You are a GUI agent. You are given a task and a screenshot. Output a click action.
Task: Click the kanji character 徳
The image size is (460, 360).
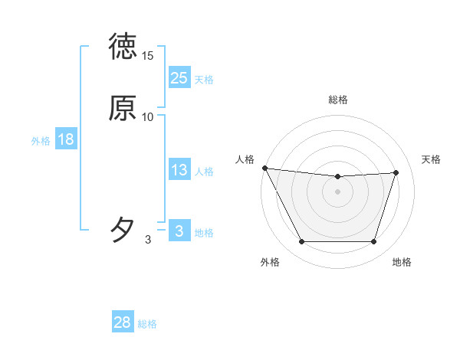point(123,47)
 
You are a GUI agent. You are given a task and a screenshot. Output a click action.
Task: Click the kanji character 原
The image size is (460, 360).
point(123,108)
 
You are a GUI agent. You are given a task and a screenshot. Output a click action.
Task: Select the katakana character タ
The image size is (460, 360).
point(123,229)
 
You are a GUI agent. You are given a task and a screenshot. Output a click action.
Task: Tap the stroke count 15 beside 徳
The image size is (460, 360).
point(148,56)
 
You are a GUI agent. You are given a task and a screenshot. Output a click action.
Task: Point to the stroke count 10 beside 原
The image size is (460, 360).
point(148,116)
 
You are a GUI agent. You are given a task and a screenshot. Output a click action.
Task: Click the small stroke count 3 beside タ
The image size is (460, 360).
point(148,241)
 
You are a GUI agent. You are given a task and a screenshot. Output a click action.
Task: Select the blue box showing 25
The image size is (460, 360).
point(179,77)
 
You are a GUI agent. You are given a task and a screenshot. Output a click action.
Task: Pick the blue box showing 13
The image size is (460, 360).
point(179,170)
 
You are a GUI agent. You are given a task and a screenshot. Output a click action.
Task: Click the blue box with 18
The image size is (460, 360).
point(65,139)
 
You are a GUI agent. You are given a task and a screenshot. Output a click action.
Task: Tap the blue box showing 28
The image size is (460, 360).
point(123,322)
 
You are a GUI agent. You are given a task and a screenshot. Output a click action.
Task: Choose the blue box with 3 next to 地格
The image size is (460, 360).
point(179,231)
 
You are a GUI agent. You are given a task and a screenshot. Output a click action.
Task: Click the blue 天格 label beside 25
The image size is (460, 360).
point(204,80)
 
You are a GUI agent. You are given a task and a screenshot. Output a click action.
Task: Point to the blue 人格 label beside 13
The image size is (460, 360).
point(204,172)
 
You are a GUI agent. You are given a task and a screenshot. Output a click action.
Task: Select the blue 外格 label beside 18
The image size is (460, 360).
point(41,141)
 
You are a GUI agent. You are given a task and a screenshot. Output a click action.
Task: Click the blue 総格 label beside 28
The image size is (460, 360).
point(147,324)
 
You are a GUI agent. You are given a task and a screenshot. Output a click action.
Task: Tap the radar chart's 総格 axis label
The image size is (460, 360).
point(337,100)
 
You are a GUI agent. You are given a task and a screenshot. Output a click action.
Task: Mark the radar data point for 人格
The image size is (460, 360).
point(264,168)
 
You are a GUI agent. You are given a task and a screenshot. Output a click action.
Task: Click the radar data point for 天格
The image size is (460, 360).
point(396,172)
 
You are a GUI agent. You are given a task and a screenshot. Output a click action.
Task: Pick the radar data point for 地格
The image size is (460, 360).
point(373,242)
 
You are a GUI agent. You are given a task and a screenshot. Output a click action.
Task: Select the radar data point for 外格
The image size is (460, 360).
point(301,242)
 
